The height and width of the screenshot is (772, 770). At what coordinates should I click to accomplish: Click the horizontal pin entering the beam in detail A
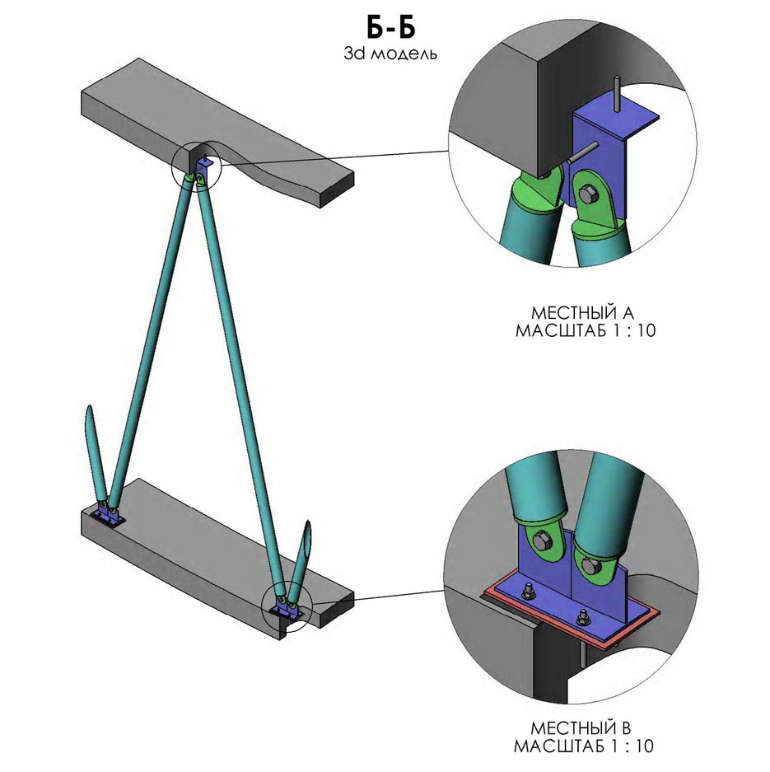pos(582,152)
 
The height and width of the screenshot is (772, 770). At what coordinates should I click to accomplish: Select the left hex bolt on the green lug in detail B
pos(543,541)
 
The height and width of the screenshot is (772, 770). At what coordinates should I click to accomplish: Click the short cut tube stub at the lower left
pos(93,453)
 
